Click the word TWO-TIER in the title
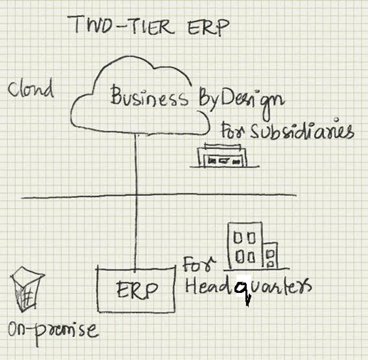121,25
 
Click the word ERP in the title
208,28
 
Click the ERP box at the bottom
136,289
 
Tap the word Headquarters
248,288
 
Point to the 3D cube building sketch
26,289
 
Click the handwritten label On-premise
53,331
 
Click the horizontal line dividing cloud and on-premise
159,196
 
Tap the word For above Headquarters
199,264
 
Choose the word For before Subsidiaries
233,131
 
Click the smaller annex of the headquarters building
270,256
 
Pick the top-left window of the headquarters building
237,238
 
